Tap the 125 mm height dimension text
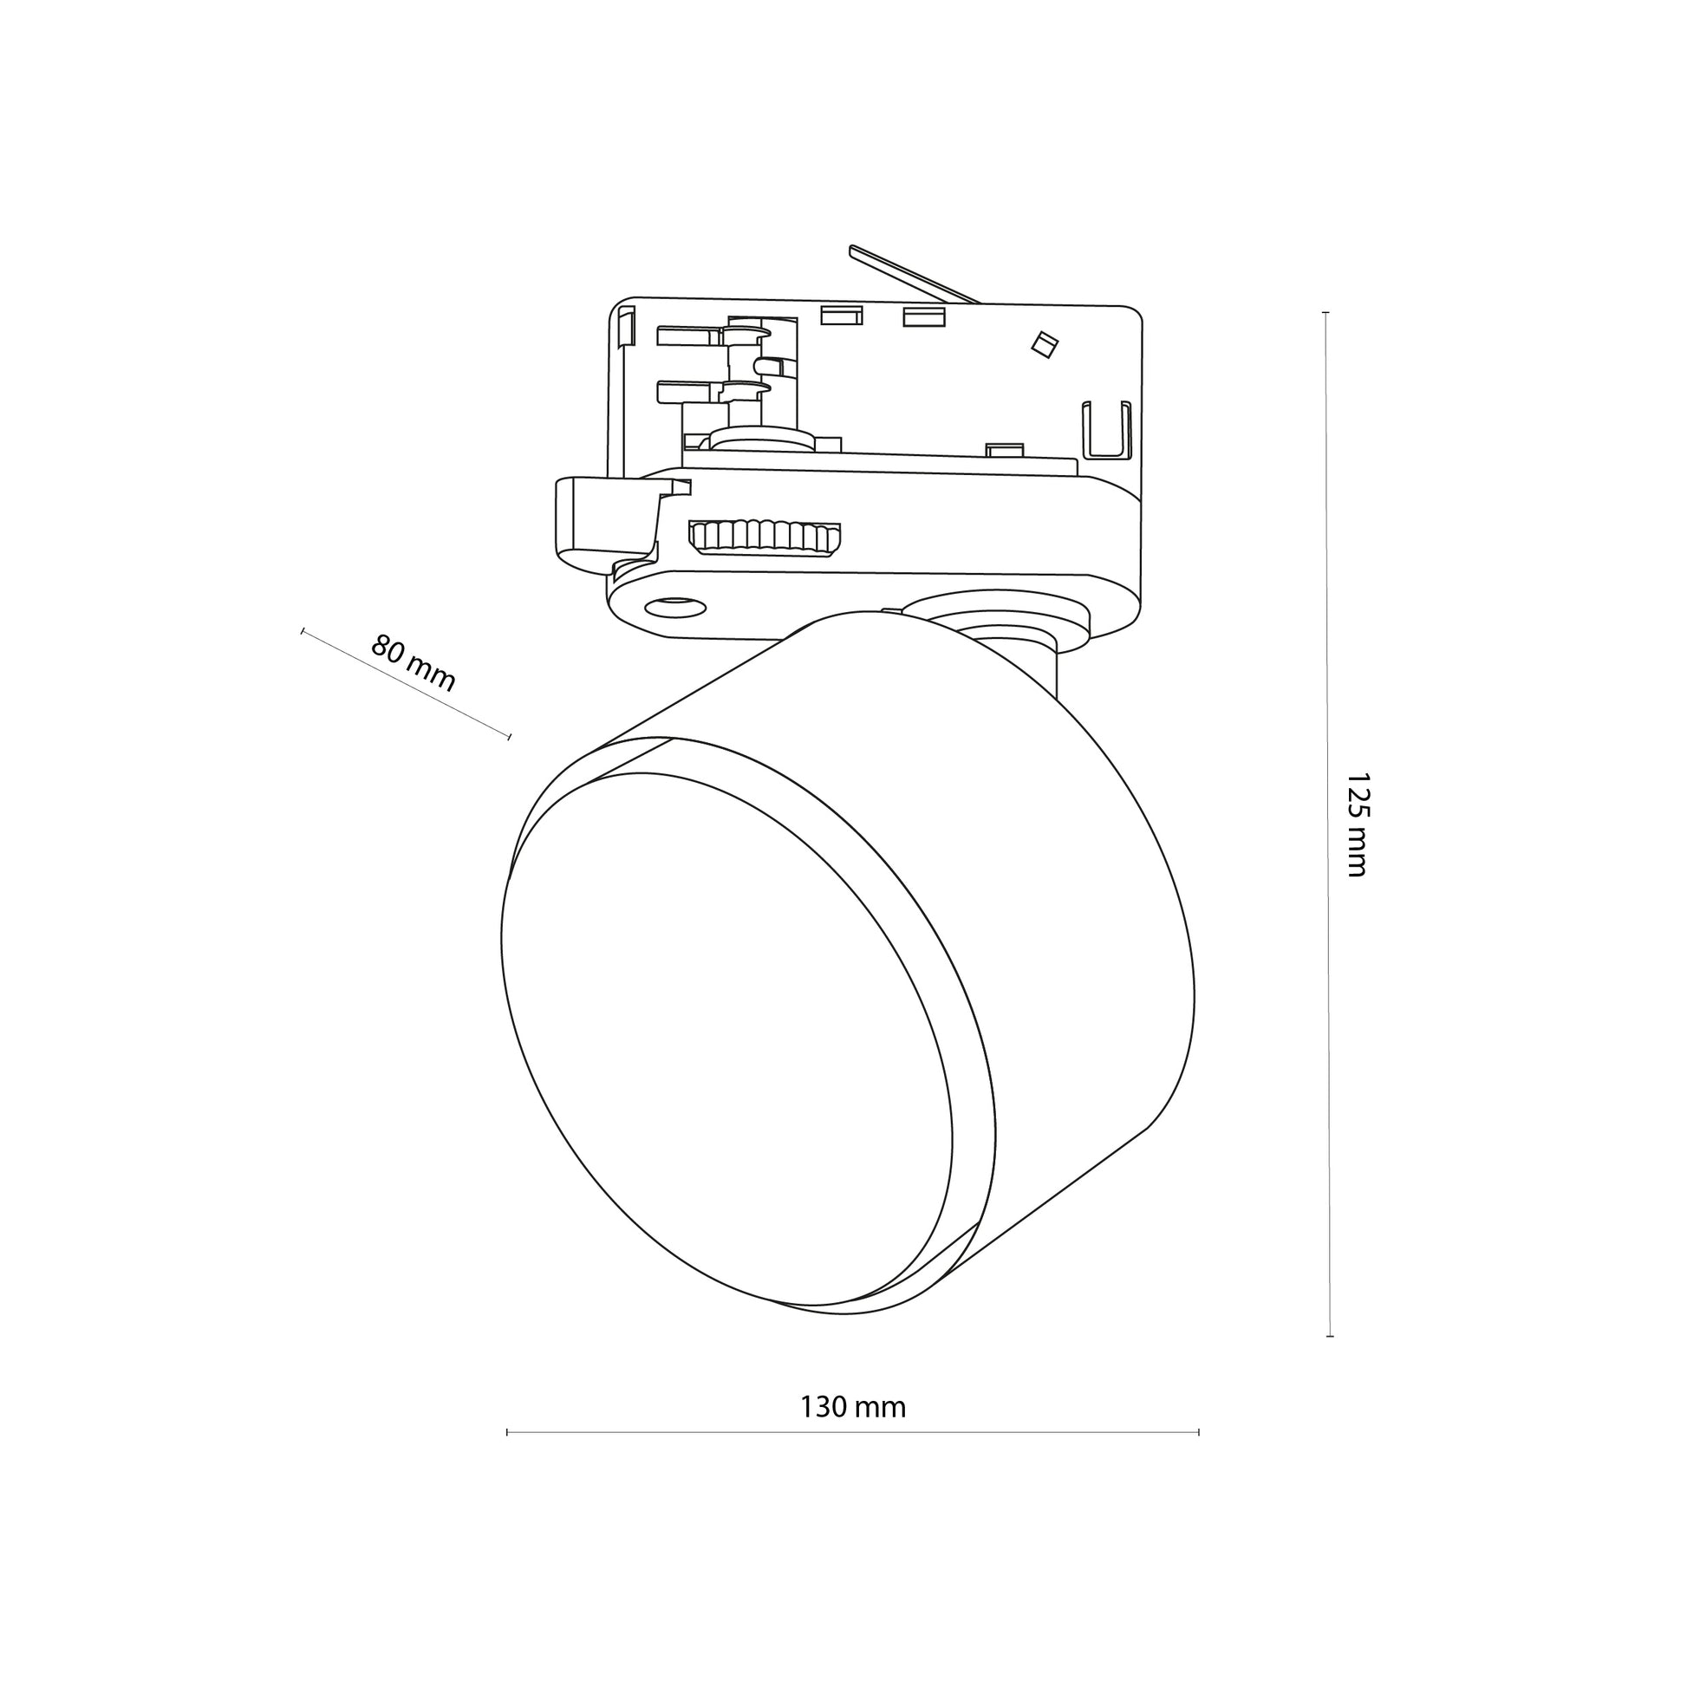(1357, 824)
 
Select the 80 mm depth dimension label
(413, 662)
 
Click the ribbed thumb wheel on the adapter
(765, 537)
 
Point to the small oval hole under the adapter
(676, 606)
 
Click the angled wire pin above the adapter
(915, 274)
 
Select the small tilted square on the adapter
(1045, 344)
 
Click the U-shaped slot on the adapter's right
(1106, 429)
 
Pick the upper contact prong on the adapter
(713, 335)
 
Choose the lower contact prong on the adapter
(713, 391)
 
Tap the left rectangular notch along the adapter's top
(842, 316)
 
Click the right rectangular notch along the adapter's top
(924, 316)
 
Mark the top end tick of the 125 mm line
(1325, 313)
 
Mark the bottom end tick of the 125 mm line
(1330, 1337)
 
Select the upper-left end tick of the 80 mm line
(303, 630)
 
